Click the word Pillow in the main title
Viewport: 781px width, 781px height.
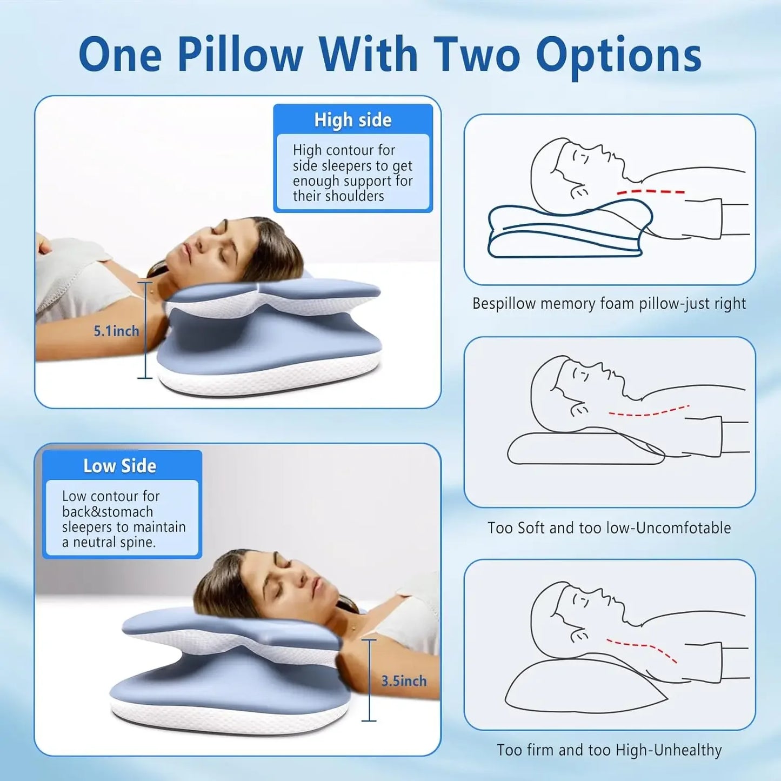(x=240, y=54)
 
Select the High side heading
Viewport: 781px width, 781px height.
(x=353, y=120)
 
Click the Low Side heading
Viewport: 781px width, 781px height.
(x=119, y=466)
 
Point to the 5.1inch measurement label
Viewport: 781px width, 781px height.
(x=116, y=331)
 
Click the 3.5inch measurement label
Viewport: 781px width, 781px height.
(x=404, y=681)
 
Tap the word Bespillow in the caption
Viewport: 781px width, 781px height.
(x=504, y=304)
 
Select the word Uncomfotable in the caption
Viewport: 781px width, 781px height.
(x=683, y=528)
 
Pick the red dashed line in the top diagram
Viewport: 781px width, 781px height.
(x=651, y=191)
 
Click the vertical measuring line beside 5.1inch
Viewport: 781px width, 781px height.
(x=145, y=330)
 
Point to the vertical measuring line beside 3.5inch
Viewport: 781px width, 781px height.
(x=369, y=680)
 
